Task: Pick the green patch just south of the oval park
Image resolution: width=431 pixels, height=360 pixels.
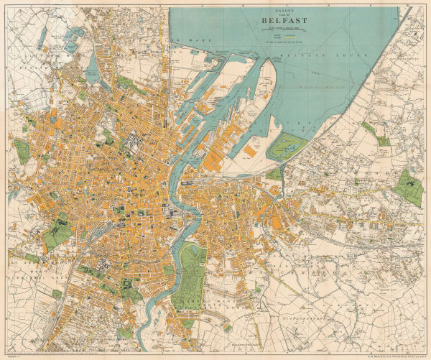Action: point(274,173)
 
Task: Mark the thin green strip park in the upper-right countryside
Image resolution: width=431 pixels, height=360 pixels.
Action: point(369,129)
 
